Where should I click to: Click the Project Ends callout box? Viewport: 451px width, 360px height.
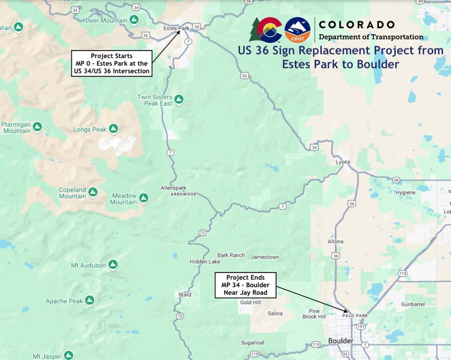245,285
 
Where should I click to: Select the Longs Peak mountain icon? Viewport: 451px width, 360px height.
113,129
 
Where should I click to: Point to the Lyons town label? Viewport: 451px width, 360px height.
343,162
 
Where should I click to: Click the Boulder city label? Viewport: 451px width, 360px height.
341,341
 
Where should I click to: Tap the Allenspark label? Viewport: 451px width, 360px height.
173,188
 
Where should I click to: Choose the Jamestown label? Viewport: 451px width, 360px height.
265,257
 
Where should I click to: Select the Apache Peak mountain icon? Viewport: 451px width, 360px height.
89,301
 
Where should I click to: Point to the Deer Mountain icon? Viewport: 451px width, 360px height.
134,19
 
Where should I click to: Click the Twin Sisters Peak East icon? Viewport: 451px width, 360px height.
179,99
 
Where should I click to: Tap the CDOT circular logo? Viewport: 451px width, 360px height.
297,30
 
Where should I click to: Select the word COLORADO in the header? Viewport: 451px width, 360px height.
356,25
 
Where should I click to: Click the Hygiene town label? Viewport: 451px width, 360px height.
405,192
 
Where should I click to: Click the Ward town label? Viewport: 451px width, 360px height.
184,294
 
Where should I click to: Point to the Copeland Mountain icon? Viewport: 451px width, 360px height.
93,190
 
